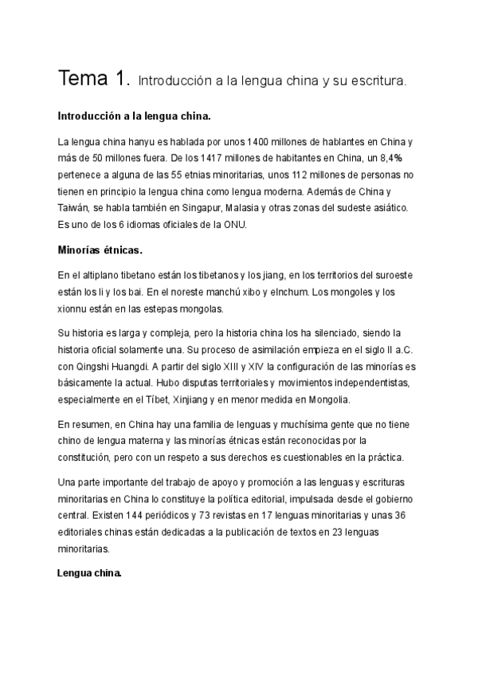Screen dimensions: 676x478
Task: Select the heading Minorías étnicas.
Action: pyautogui.click(x=100, y=250)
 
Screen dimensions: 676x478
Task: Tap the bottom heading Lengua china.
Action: pyautogui.click(x=89, y=572)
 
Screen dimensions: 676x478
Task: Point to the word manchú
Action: pyautogui.click(x=225, y=293)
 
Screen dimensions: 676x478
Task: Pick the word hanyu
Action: pyautogui.click(x=152, y=142)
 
